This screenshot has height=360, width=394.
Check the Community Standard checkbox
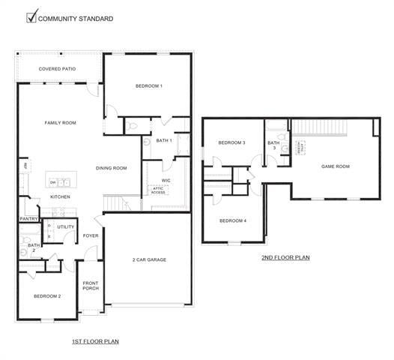coord(31,17)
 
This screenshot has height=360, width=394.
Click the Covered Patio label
coord(60,69)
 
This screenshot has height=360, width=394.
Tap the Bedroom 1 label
coord(149,85)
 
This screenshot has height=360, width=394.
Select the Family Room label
coord(60,122)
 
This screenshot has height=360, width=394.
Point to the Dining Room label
coord(112,168)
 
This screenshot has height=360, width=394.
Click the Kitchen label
coord(60,196)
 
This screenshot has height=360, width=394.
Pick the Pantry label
coord(28,219)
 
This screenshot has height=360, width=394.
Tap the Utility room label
coord(66,226)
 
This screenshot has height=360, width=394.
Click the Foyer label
coord(91,235)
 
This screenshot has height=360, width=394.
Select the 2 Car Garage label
coord(149,259)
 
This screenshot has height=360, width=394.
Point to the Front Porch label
coord(91,286)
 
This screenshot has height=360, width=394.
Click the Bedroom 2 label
coord(47,296)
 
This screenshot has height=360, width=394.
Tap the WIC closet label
coord(166,180)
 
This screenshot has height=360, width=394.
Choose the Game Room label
coord(336,166)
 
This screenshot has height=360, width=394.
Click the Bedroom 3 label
coord(231,142)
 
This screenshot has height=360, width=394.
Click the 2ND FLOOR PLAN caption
coord(285,257)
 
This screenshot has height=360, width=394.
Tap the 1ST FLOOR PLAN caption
coord(95,341)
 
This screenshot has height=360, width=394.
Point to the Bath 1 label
coord(164,140)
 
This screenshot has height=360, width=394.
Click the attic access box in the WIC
coord(159,190)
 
